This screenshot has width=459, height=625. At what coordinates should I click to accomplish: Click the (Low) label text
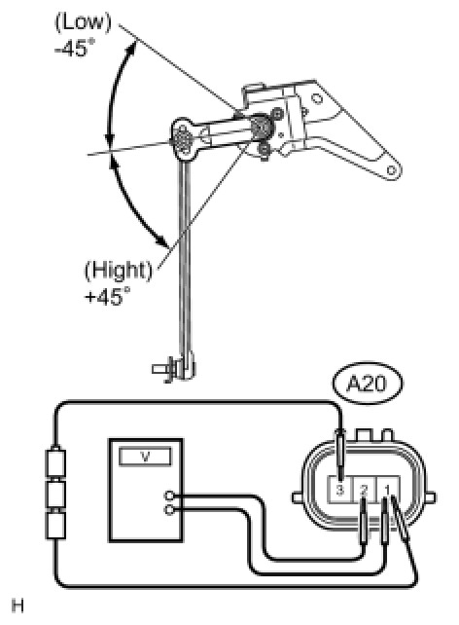(x=83, y=23)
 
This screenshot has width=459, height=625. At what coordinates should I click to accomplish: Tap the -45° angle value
(x=75, y=49)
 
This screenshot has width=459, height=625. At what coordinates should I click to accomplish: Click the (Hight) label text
(x=119, y=271)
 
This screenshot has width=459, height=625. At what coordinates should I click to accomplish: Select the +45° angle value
(x=107, y=297)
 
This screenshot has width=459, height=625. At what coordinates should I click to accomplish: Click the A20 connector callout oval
(x=367, y=384)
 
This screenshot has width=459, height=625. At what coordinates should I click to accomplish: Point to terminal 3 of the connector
(x=339, y=490)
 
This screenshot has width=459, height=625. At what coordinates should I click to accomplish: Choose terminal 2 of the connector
(x=364, y=490)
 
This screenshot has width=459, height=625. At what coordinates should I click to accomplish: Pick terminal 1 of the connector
(x=387, y=490)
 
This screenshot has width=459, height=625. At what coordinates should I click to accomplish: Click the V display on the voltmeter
(x=145, y=457)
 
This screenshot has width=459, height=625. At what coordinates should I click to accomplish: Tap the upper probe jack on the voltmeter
(x=169, y=496)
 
